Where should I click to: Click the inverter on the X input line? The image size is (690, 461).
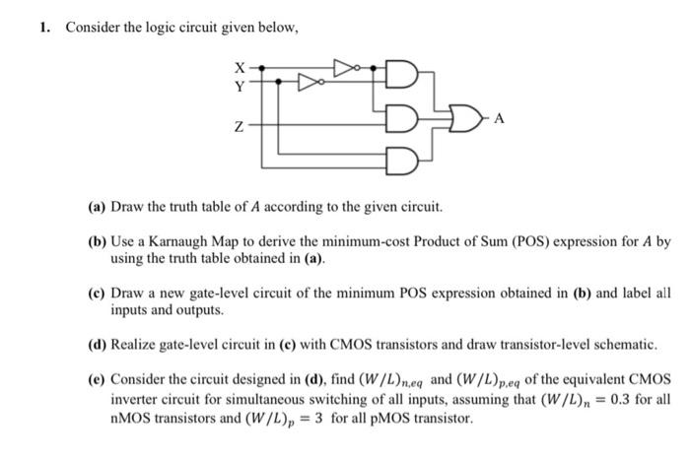[x=343, y=67]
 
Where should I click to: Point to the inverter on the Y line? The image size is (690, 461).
[x=309, y=82]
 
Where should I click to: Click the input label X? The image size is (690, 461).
[x=239, y=67]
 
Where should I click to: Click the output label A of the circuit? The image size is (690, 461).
[x=500, y=118]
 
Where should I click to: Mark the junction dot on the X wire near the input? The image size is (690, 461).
[x=260, y=67]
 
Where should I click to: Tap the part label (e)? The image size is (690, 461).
[x=98, y=379]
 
